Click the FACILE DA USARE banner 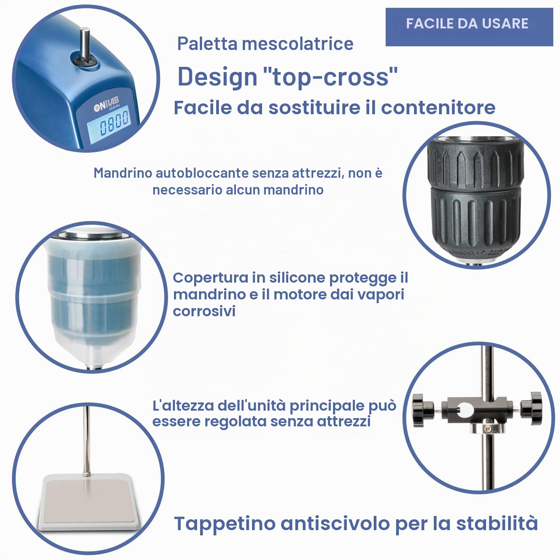[x=469, y=27]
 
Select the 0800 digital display [x=115, y=122]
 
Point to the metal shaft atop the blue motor [x=85, y=43]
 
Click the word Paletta [x=207, y=44]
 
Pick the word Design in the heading [x=217, y=77]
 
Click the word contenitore [x=438, y=108]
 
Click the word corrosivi [x=204, y=311]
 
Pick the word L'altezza [x=183, y=405]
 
